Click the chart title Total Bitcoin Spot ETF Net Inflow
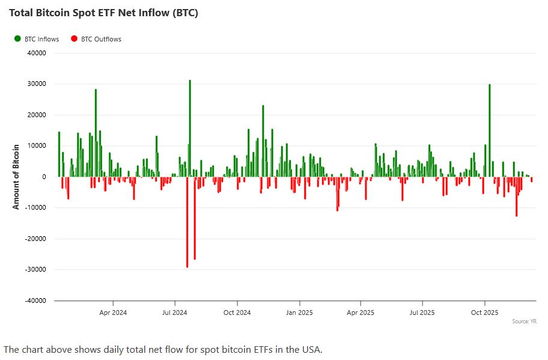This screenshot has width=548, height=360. (x=103, y=13)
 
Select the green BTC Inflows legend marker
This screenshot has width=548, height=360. (x=17, y=39)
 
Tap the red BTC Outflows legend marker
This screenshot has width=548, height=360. (x=74, y=39)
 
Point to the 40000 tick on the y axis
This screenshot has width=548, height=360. (x=37, y=53)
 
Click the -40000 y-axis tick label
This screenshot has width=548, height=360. (x=36, y=301)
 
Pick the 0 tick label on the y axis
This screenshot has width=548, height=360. (x=44, y=177)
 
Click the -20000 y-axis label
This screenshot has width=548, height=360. (x=36, y=239)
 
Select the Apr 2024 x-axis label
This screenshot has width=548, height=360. (x=113, y=313)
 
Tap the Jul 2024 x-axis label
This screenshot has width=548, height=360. (x=174, y=313)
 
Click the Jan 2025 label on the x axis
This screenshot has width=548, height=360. (x=299, y=313)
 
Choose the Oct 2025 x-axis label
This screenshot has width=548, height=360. (x=484, y=313)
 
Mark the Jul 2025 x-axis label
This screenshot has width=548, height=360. (x=422, y=313)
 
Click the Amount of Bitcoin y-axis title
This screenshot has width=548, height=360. (x=16, y=177)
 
